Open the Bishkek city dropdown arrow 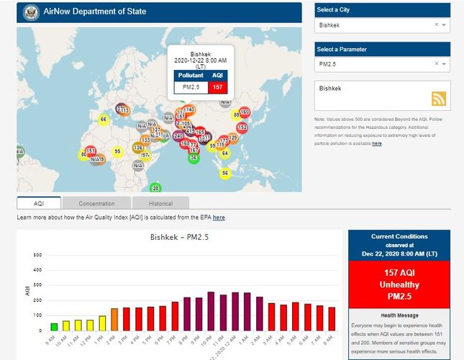pos(444,25)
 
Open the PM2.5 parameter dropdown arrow pos(444,64)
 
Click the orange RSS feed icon pos(439,99)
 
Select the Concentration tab pos(96,204)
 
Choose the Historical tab pos(161,204)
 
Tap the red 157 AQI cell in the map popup pos(217,87)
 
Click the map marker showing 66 pos(104,120)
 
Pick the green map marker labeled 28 pos(155,189)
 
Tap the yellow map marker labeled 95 pos(117,151)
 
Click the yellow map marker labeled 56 pos(225,173)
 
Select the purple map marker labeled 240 pos(178,135)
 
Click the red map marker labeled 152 pos(242,127)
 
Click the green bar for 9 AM pos(54,327)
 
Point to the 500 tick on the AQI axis pos(37,255)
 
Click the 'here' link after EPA pos(219,217)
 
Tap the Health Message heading pos(400,315)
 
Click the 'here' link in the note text pos(377,143)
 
